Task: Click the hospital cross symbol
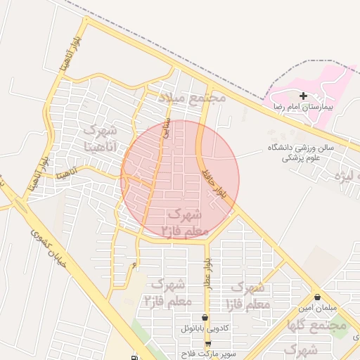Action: click(303, 96)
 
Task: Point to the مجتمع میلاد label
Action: click(191, 96)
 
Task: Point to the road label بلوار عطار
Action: click(208, 268)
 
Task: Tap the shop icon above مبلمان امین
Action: click(319, 297)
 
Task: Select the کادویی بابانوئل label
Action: click(205, 328)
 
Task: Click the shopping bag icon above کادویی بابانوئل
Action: click(205, 318)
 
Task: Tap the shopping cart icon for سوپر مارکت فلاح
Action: click(208, 342)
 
